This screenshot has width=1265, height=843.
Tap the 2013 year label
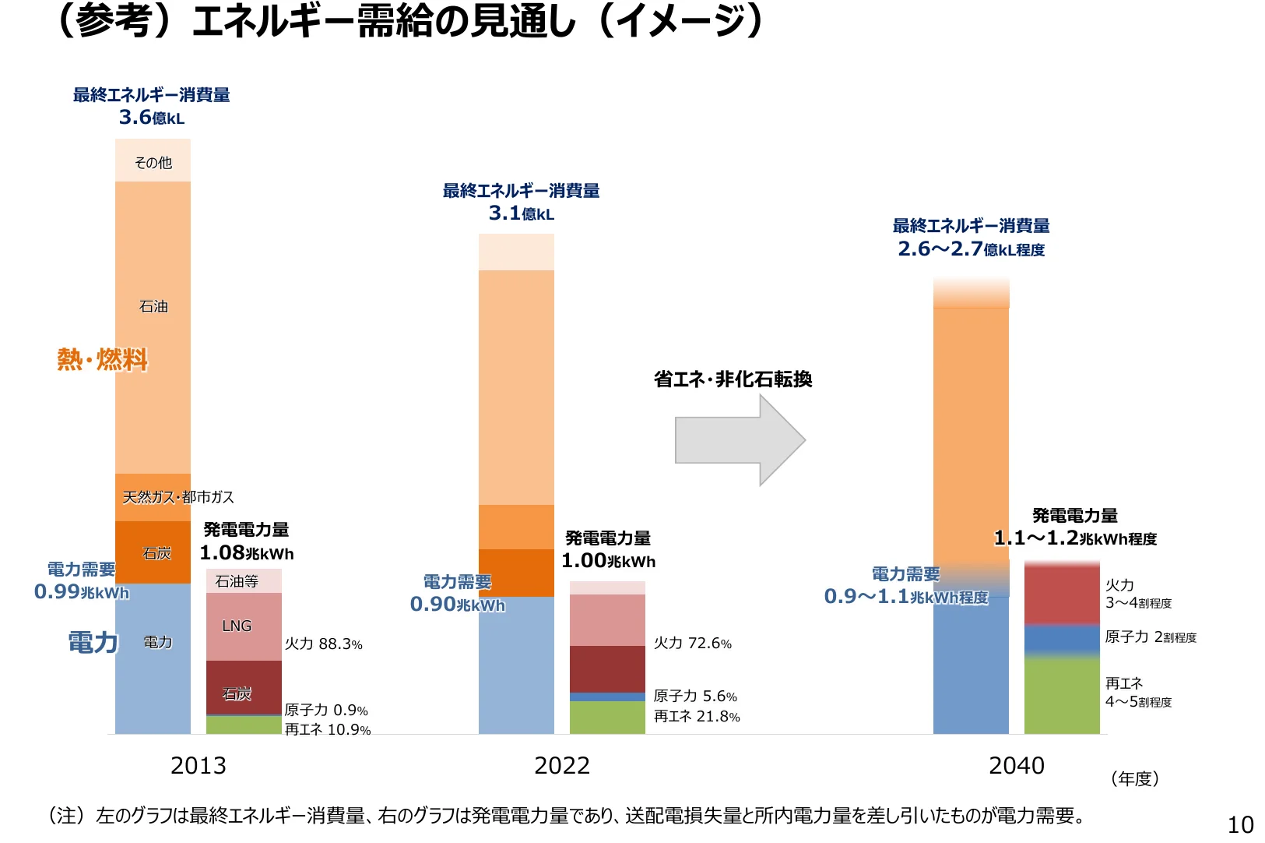coord(198,766)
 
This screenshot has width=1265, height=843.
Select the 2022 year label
coord(561,766)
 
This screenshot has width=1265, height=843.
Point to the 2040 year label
coord(1016,766)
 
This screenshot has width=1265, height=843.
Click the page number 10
coord(1240,824)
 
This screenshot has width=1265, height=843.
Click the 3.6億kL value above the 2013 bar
coord(152,118)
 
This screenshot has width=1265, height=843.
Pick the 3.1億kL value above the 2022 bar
coord(521,213)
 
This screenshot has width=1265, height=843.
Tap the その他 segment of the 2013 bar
coord(153,162)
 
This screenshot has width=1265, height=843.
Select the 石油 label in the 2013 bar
coord(153,306)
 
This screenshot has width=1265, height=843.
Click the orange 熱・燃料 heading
coord(102,359)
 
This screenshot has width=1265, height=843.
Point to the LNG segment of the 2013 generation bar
coord(237,626)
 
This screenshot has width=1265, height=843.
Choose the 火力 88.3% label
coord(323,644)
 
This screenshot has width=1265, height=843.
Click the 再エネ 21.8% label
coord(697,716)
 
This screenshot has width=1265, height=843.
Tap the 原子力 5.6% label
coord(695,696)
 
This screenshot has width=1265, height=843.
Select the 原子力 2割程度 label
coord(1150,637)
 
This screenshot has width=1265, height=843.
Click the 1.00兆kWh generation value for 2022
coord(608,561)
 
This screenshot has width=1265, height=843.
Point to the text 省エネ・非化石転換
coord(733,379)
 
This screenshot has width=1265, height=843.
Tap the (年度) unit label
coord(1134,778)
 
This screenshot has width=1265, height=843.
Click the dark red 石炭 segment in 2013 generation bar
coord(243,687)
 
